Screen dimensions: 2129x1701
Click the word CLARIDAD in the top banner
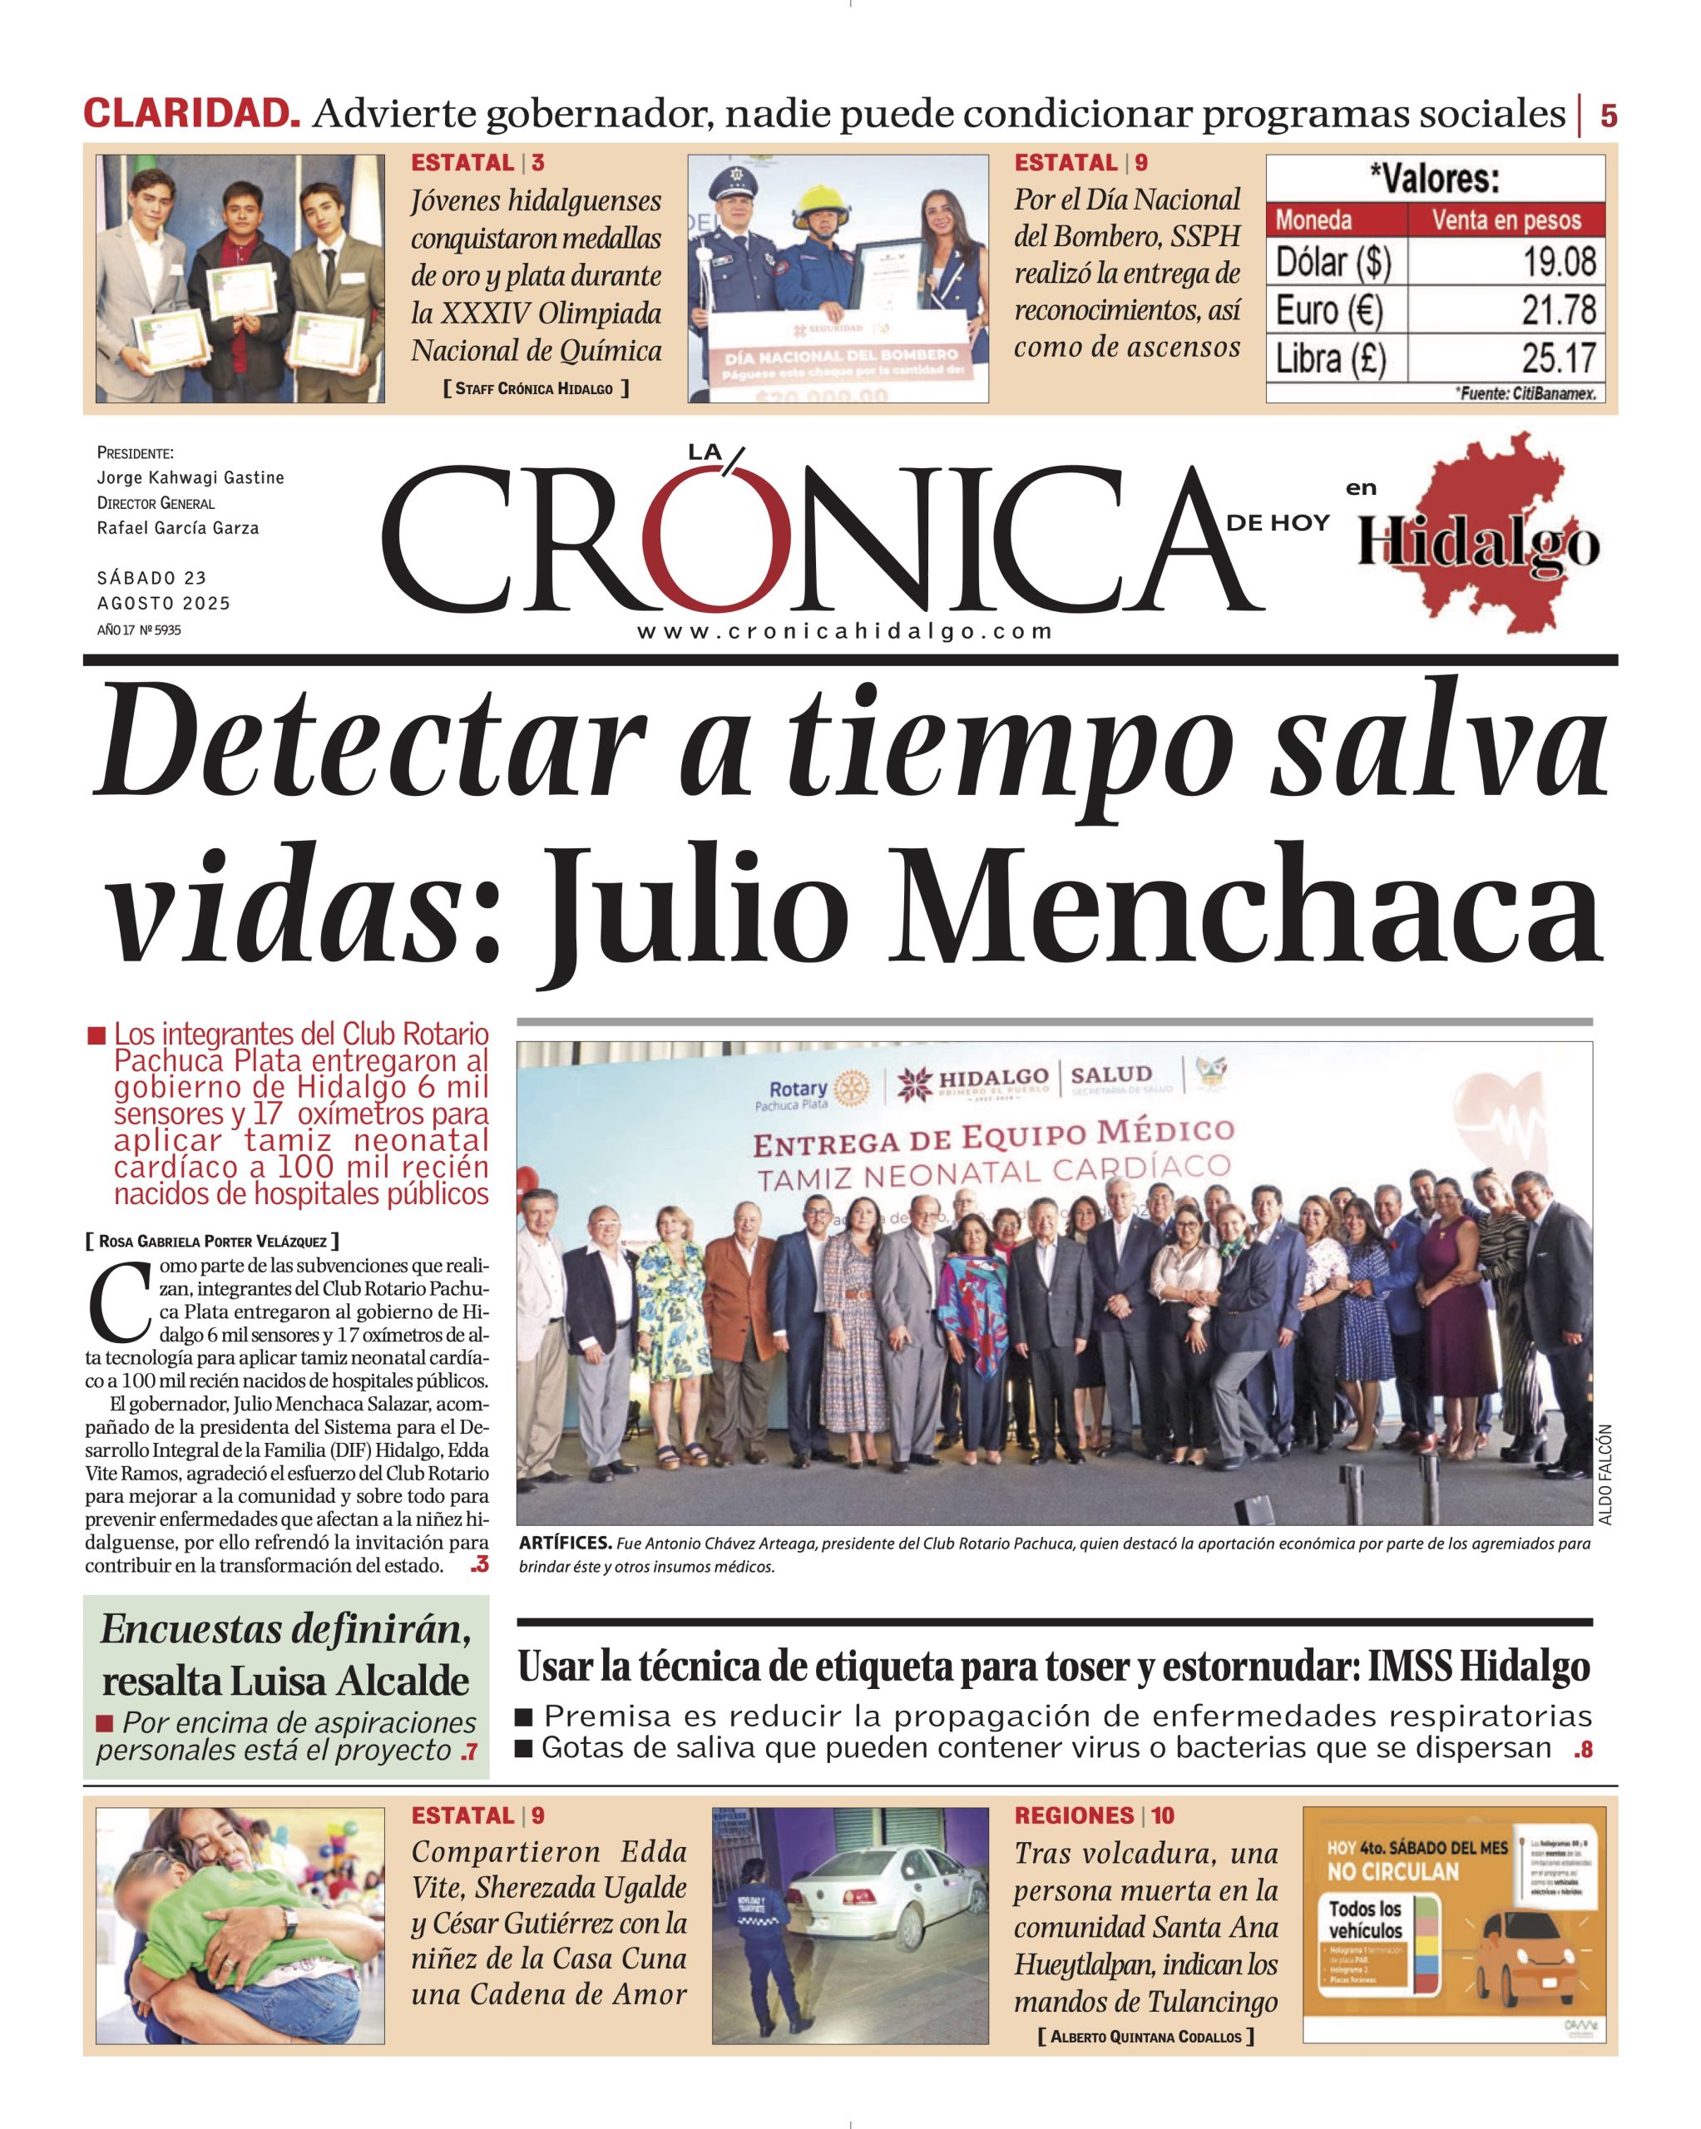(x=191, y=114)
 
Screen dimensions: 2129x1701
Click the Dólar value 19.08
(x=1559, y=263)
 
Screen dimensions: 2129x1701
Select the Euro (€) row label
(x=1328, y=311)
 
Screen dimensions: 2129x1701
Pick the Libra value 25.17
(x=1559, y=358)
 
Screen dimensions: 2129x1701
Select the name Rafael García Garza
(x=178, y=528)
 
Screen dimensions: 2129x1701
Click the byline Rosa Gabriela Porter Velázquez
(x=212, y=1242)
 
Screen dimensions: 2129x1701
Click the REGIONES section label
(x=1075, y=1815)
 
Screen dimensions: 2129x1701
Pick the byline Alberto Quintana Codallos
(x=1146, y=2036)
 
